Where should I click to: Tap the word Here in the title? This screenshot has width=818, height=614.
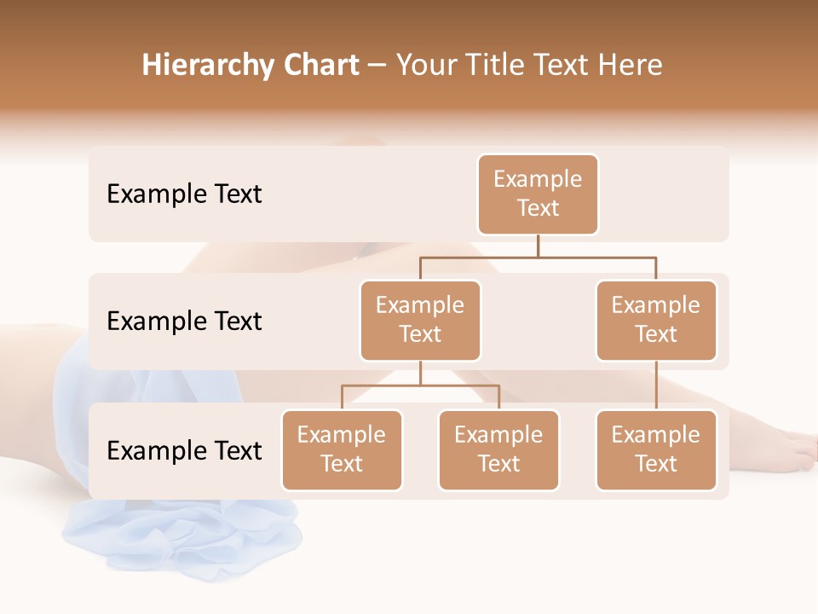click(x=631, y=66)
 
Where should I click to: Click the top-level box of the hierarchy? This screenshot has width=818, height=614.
click(x=538, y=194)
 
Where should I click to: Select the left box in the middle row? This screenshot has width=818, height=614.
click(x=420, y=321)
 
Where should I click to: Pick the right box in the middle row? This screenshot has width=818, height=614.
click(x=656, y=321)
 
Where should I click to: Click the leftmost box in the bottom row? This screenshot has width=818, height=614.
click(x=342, y=450)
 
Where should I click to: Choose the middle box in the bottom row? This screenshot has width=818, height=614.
click(x=498, y=450)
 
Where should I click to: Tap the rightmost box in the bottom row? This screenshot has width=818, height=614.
click(x=656, y=450)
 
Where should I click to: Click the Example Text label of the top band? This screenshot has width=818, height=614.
click(x=184, y=194)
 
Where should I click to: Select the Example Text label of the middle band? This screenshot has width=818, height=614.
click(x=184, y=321)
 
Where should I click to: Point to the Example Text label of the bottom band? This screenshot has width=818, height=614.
click(x=184, y=450)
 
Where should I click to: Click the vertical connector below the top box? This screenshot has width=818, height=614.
click(x=538, y=246)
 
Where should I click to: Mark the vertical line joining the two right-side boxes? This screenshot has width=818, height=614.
click(x=656, y=385)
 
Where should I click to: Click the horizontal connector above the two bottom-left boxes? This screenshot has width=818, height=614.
click(x=420, y=385)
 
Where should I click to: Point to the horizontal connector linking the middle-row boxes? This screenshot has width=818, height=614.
click(x=538, y=256)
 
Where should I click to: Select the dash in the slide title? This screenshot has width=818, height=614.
click(x=377, y=66)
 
